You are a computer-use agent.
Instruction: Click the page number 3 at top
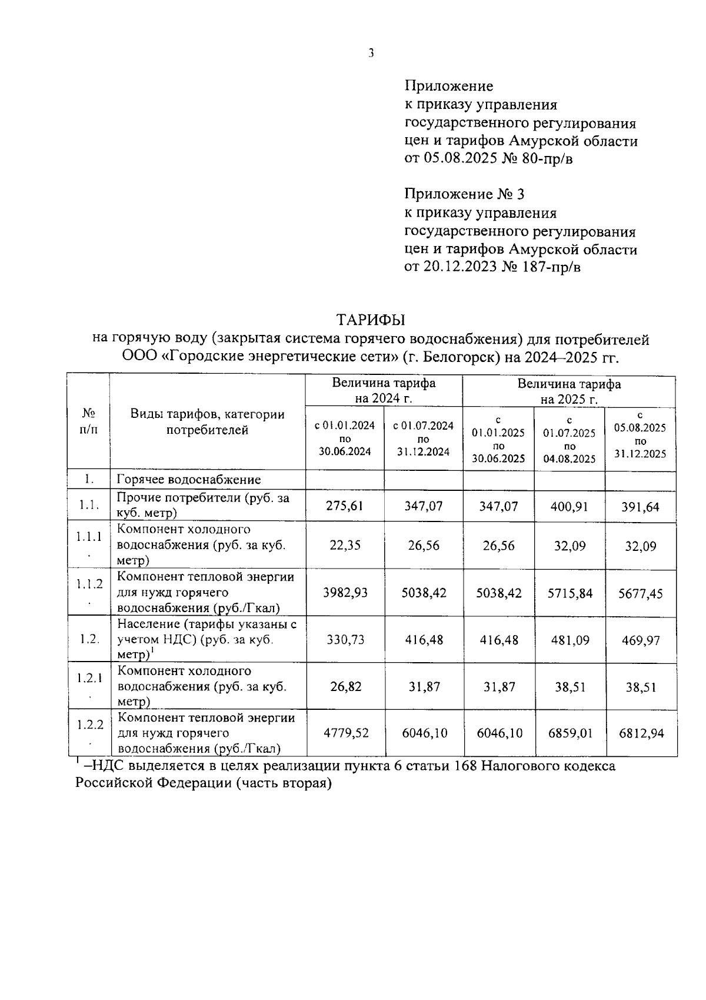[x=371, y=53]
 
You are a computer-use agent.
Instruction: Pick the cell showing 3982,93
[x=345, y=593]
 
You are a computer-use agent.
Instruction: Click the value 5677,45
[x=640, y=593]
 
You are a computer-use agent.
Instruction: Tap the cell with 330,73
[x=345, y=640]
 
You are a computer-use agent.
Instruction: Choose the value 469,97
[x=640, y=640]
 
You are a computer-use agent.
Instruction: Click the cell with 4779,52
[x=345, y=733]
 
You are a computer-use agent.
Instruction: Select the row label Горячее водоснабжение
[x=188, y=480]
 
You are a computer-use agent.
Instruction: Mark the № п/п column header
[x=88, y=422]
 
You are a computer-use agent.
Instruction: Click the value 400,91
[x=569, y=506]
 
